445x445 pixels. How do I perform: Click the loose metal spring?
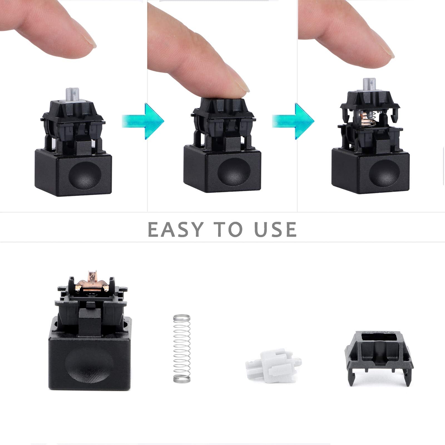click(x=182, y=348)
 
